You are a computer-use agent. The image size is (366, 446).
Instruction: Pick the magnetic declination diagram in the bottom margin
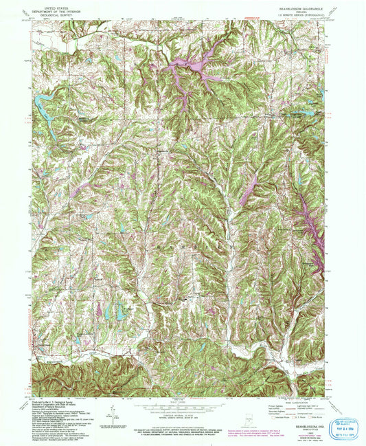click(109, 416)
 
